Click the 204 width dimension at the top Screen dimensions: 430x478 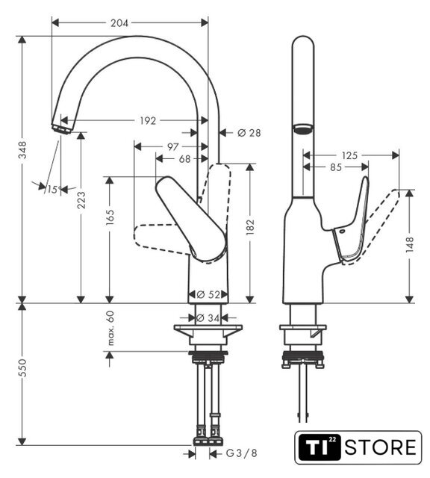[x=119, y=23]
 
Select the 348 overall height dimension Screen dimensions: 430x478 [x=22, y=149]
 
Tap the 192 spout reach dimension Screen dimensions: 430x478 [x=148, y=121]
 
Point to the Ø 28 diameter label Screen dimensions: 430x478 [x=249, y=133]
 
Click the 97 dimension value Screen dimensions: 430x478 [x=172, y=147]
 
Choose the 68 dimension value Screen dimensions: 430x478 [x=184, y=159]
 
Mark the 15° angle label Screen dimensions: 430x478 [x=54, y=190]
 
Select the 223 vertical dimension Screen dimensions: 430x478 [x=81, y=200]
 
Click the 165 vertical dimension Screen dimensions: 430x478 [x=110, y=217]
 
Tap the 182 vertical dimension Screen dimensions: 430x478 [x=250, y=227]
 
